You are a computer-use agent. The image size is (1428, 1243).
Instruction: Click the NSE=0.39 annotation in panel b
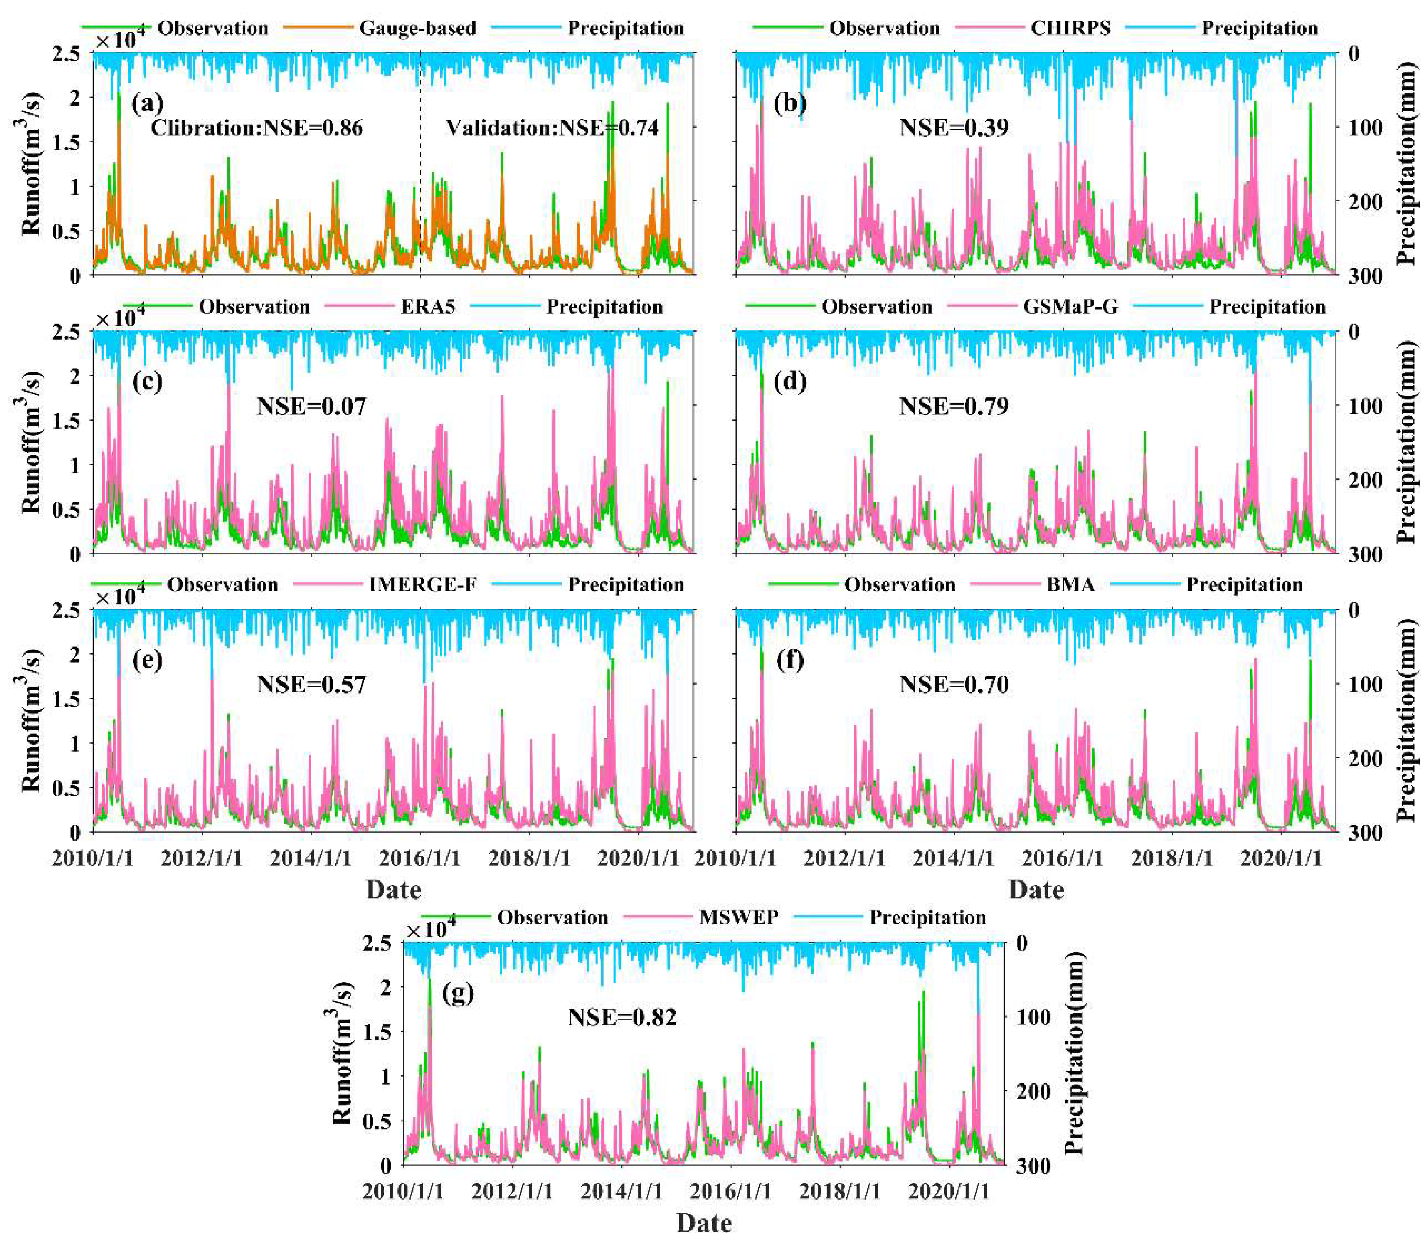point(954,128)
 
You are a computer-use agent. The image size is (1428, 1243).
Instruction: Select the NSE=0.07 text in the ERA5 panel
point(311,406)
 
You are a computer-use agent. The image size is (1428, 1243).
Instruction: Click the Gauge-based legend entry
point(417,29)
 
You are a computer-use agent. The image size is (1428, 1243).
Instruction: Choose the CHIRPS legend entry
point(1070,29)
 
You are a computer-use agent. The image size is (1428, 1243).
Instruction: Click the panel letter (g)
point(457,993)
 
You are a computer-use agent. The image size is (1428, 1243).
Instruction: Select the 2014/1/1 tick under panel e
point(311,858)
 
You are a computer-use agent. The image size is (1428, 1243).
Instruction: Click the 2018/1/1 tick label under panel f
point(1172,858)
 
